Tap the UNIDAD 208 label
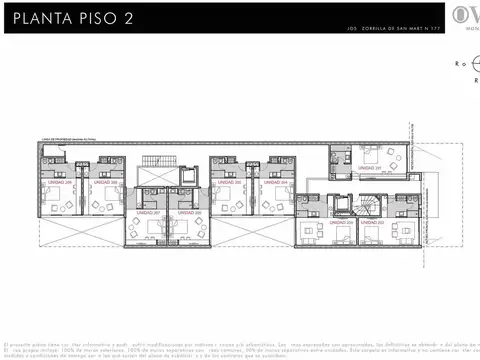[x=104, y=183]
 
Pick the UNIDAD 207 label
[x=148, y=211]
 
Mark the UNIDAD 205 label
[x=233, y=183]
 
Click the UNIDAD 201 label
[x=372, y=166]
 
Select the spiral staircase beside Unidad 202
[x=372, y=203]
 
